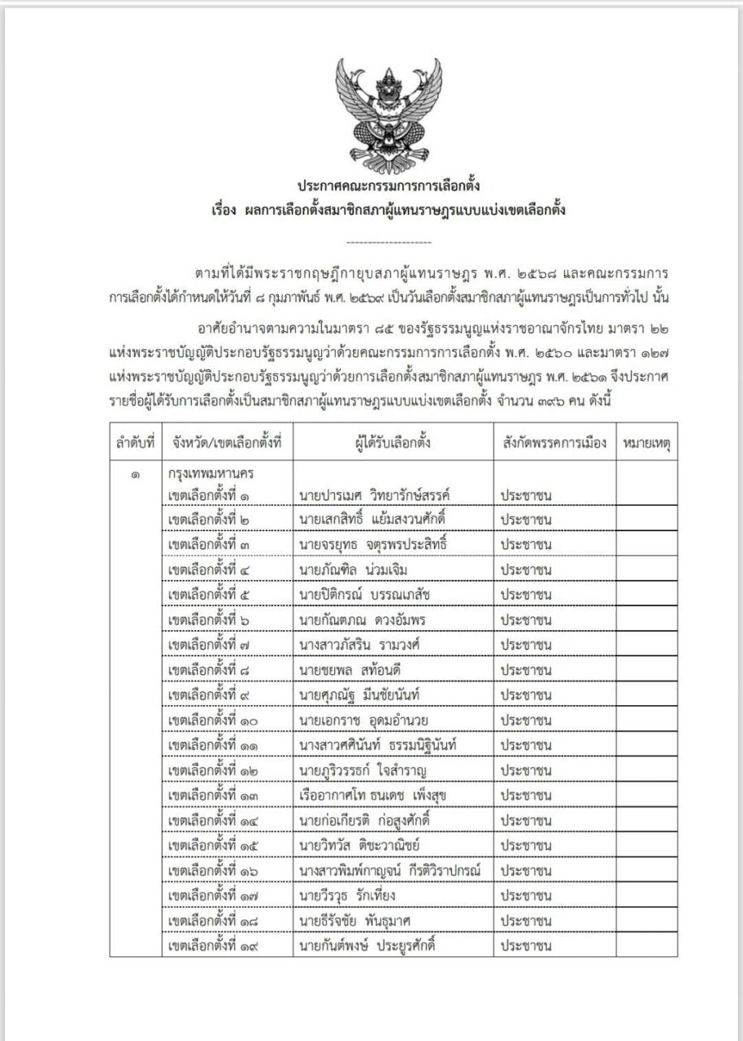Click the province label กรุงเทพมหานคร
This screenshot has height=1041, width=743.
pos(218,474)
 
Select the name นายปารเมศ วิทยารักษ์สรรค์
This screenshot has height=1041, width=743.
pos(375,495)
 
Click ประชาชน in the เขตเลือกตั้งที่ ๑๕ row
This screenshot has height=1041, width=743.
pos(526,845)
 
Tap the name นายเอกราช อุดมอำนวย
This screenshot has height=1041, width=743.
pos(363,721)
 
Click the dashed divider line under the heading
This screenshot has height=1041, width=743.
pos(389,242)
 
